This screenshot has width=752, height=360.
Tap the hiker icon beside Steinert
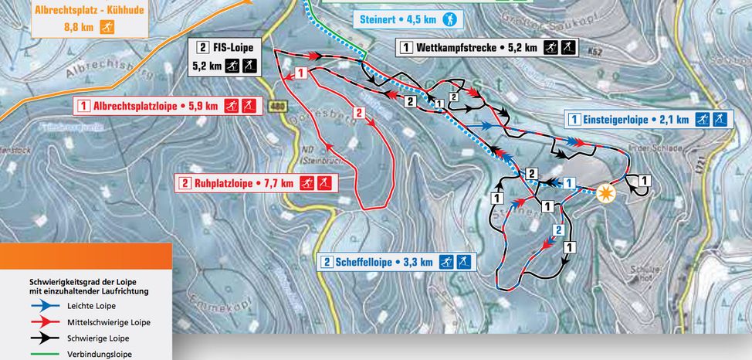(x=449, y=19)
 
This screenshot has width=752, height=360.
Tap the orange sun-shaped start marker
(x=607, y=192)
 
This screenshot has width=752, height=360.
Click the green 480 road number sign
(x=278, y=107)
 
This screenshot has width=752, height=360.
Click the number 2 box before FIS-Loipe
(x=203, y=45)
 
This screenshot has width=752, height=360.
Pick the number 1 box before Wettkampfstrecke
(x=405, y=48)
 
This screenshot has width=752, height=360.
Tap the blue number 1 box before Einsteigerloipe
(x=574, y=119)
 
